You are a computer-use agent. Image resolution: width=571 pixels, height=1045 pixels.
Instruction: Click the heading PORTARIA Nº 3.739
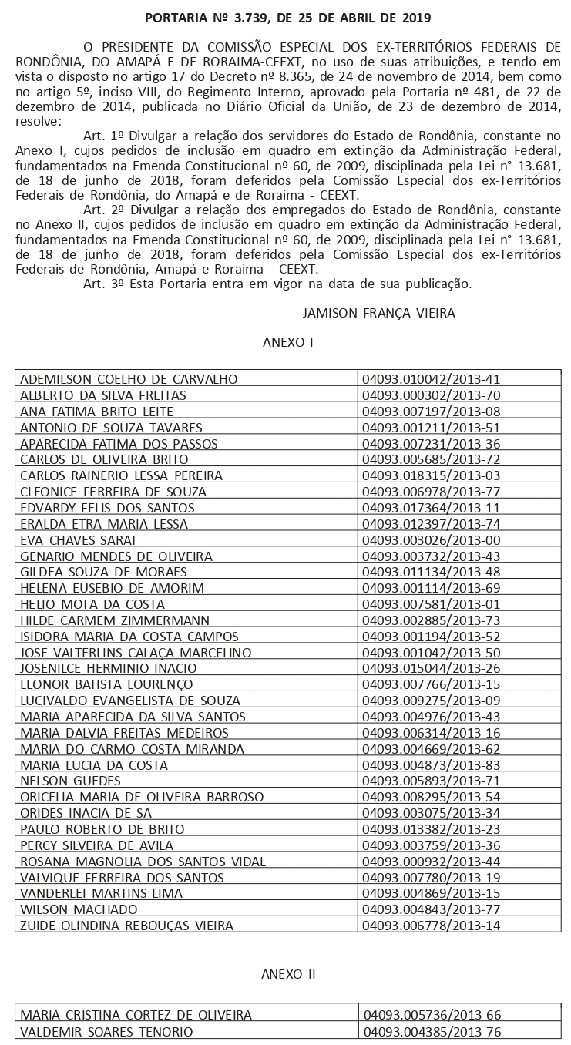pos(288,17)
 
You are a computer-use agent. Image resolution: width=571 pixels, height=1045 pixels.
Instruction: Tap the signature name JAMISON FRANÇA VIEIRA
pos(379,313)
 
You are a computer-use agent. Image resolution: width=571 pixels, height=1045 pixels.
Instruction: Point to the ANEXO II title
pos(288,973)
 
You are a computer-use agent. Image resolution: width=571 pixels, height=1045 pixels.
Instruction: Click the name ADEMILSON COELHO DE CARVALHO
pos(129,379)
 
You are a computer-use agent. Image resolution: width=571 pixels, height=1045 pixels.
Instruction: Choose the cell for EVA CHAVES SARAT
pos(79,539)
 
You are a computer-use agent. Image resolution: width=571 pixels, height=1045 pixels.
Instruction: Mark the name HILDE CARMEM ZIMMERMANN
pos(115,620)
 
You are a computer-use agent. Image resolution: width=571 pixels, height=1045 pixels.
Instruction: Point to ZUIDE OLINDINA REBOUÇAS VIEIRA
pos(126,925)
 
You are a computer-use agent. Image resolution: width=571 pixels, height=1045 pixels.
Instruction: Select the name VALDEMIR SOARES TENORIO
pos(106,1031)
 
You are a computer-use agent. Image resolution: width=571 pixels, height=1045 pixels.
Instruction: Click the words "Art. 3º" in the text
pos(99,284)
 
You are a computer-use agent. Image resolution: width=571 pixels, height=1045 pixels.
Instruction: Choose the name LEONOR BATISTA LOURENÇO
pos(106,684)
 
